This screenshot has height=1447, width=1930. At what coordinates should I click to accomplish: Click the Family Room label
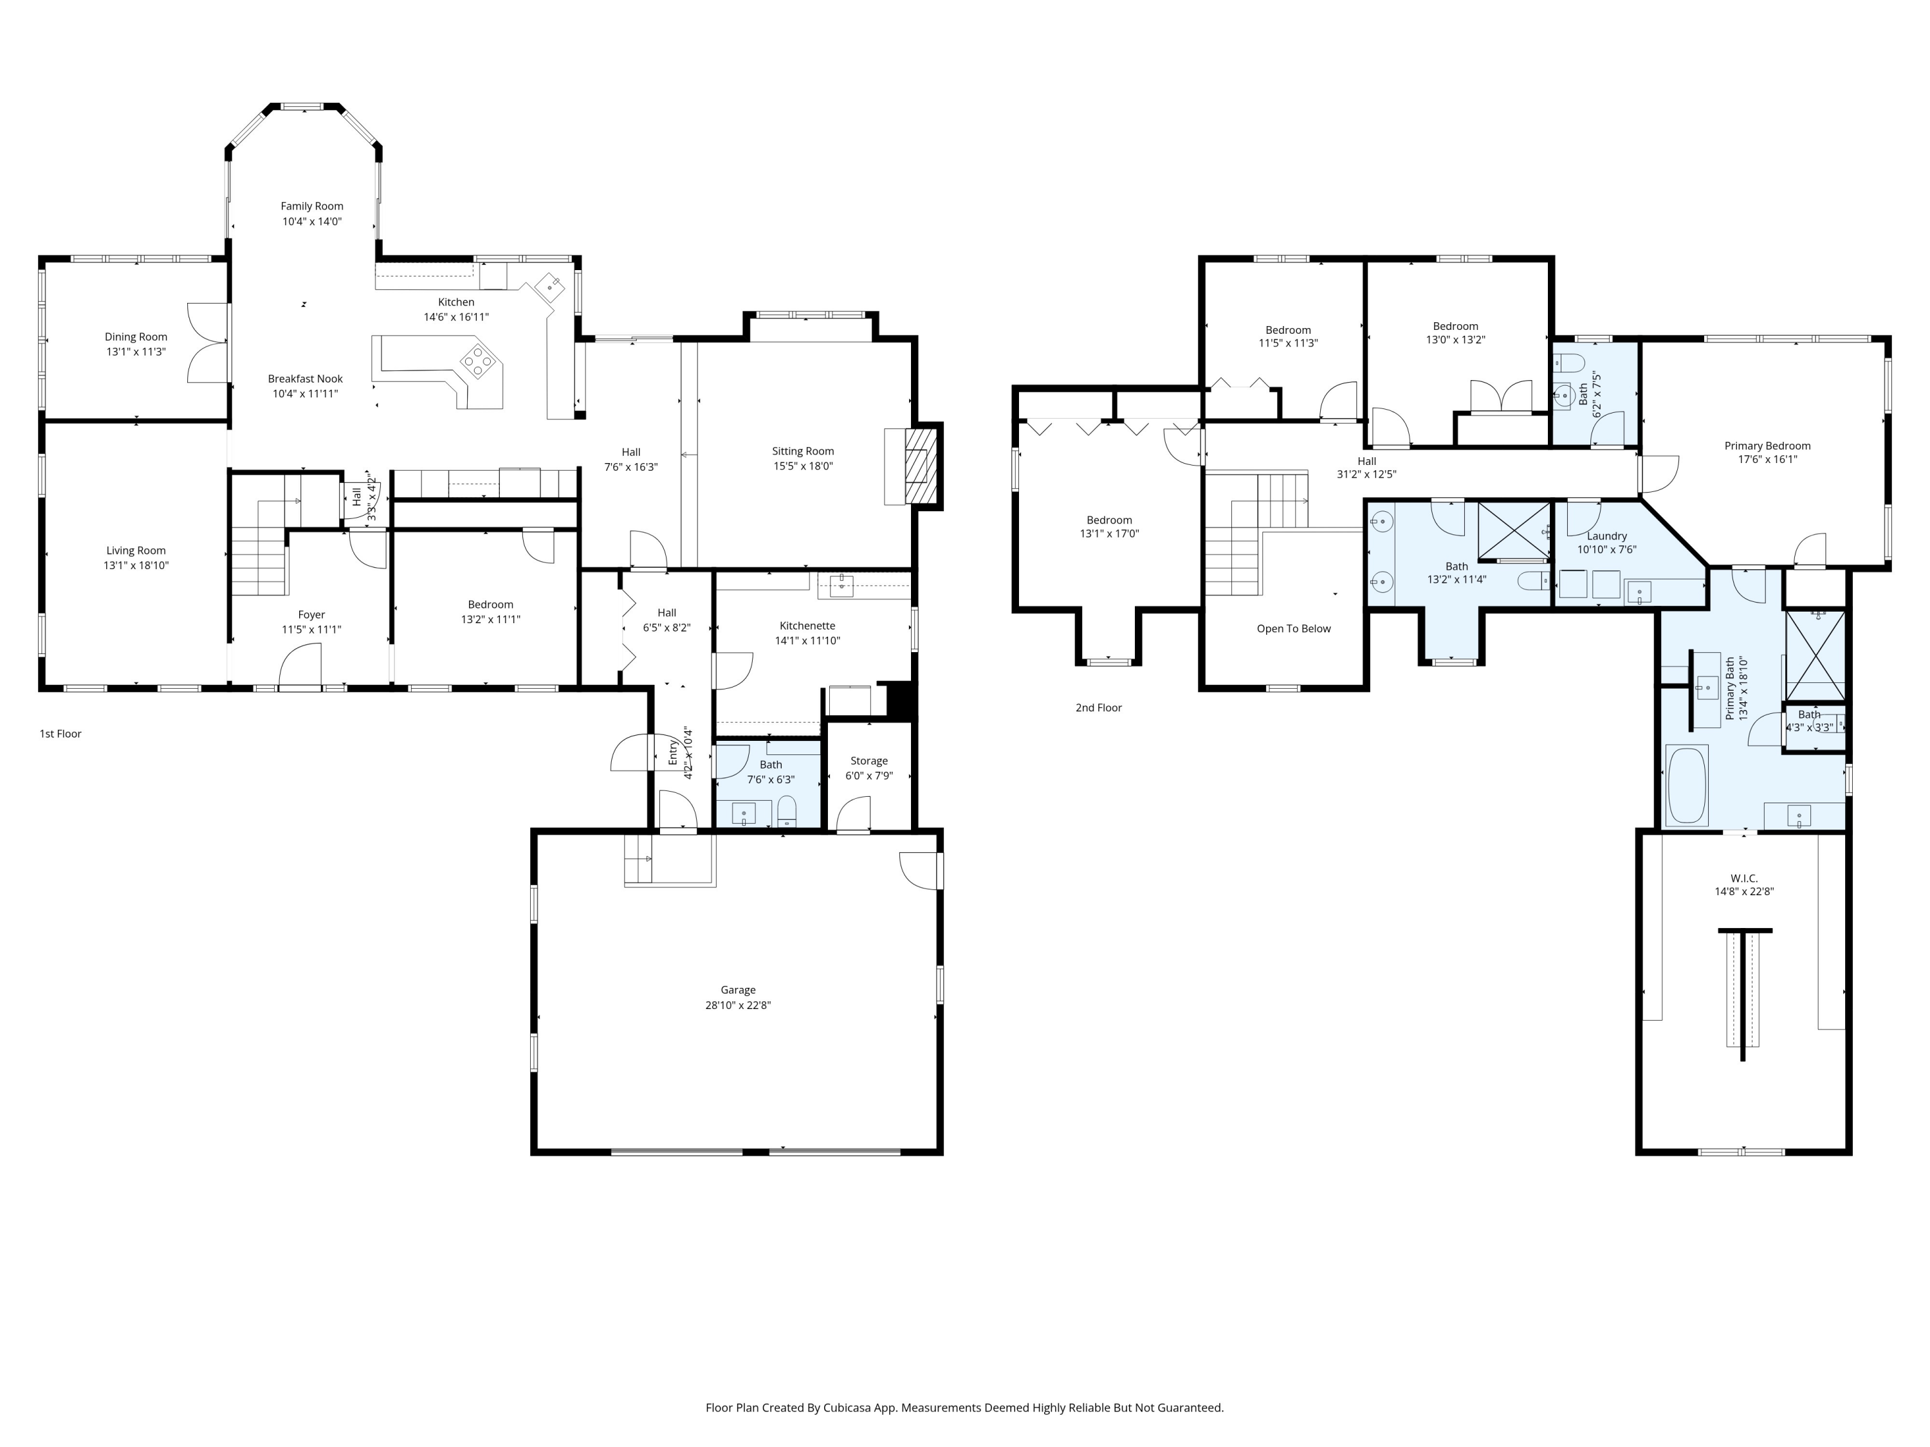311,206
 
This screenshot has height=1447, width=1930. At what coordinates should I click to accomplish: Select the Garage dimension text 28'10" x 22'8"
738,1005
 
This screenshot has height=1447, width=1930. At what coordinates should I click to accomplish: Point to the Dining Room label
136,337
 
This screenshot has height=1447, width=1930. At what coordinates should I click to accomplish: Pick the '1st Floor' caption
60,734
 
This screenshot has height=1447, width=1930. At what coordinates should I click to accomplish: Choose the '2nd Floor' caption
1099,707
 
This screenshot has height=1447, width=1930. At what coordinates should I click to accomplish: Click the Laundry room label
1607,536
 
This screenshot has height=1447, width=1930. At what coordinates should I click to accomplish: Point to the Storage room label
869,761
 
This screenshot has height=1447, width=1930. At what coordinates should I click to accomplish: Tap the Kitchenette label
808,625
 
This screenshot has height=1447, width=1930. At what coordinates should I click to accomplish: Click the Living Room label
136,551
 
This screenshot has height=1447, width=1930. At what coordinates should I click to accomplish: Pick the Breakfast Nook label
306,379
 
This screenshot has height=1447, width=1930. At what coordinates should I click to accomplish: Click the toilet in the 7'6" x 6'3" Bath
786,811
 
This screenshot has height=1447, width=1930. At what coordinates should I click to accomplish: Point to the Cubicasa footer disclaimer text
965,1407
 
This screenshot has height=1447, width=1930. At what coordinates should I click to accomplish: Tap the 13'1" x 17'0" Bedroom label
1110,520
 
